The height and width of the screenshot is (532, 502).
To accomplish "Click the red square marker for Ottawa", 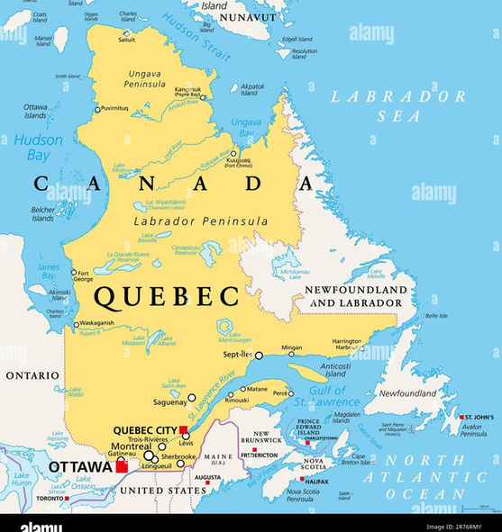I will (x=122, y=466).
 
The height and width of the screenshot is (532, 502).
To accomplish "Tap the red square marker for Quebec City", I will (x=183, y=429).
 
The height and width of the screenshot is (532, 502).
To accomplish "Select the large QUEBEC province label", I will (x=168, y=295).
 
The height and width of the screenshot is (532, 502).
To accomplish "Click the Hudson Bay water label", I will (x=38, y=148).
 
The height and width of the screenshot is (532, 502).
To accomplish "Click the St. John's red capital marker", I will (x=461, y=418).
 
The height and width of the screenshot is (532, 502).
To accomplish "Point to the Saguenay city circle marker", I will (x=191, y=397).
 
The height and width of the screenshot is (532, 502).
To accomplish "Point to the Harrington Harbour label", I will (x=348, y=344).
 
